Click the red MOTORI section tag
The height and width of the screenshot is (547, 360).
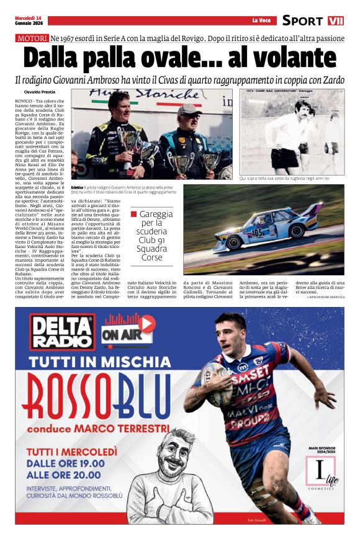32,38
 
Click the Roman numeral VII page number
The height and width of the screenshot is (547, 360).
336,20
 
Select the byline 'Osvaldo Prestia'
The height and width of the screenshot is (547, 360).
40,92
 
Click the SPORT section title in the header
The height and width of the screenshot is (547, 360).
302,20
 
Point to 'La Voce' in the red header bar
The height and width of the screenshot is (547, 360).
261,20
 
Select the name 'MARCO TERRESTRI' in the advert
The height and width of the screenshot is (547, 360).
124,428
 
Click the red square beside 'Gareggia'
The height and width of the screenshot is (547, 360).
133,214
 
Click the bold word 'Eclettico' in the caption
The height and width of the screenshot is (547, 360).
78,187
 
